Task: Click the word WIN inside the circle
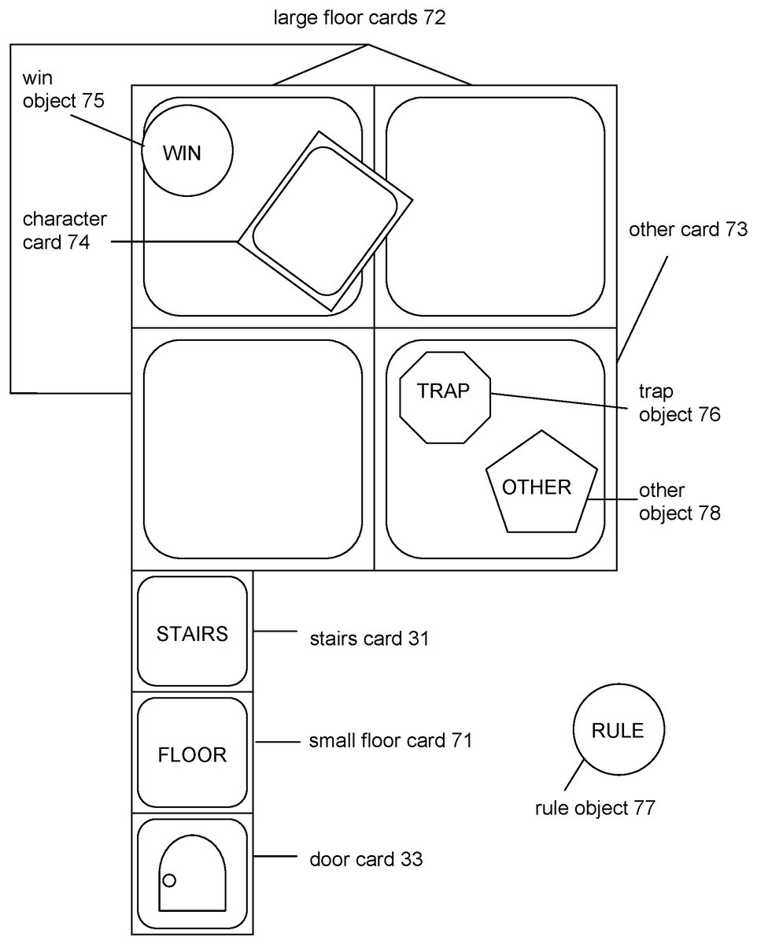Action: tap(182, 154)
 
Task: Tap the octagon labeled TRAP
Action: tap(445, 398)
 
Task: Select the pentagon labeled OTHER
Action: tap(541, 482)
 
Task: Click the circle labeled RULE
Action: tap(619, 729)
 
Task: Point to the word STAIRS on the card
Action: tap(192, 634)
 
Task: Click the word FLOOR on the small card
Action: tap(192, 755)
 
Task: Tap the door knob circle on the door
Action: tap(169, 880)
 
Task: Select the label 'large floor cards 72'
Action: tap(360, 18)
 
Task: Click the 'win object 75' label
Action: tap(64, 90)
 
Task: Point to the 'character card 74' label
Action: tap(65, 231)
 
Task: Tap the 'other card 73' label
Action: tap(688, 229)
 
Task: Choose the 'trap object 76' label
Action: tap(680, 403)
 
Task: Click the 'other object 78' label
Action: tap(680, 502)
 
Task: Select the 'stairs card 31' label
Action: tap(370, 639)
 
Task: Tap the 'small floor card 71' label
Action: tap(390, 741)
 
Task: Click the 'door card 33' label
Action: tap(366, 859)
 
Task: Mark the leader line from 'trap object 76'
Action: tap(559, 401)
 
